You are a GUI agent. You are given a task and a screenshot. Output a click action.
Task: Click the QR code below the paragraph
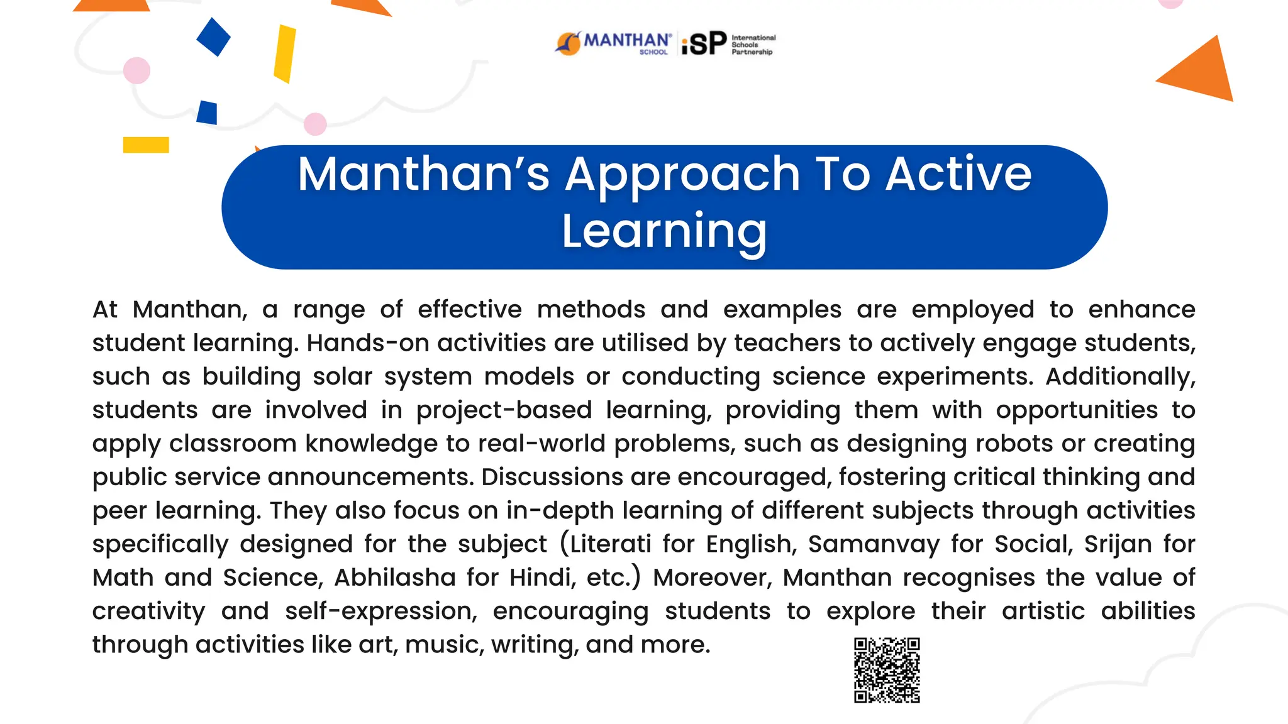(887, 670)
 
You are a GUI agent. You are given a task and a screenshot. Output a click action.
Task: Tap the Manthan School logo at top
(613, 43)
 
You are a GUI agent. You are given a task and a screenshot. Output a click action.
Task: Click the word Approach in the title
(682, 174)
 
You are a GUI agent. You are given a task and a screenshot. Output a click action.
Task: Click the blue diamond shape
(213, 37)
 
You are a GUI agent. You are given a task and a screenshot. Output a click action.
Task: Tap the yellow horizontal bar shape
(146, 145)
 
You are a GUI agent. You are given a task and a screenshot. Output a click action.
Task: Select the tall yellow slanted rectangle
(285, 54)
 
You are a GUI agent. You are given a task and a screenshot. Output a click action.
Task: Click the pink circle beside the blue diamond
(136, 70)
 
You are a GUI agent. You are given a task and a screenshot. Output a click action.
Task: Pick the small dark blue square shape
(207, 112)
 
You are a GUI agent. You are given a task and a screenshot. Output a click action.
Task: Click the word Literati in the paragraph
(610, 544)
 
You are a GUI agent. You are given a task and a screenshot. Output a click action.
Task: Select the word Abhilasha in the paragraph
(395, 578)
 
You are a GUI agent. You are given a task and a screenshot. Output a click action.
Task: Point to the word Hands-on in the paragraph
(368, 343)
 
